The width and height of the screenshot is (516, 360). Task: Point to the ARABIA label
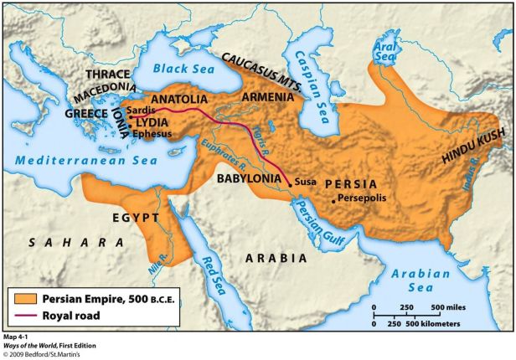click(x=276, y=259)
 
